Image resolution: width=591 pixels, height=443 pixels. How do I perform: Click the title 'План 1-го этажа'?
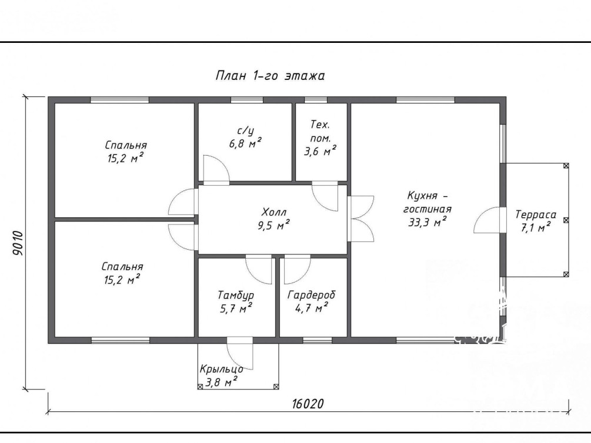point(270,76)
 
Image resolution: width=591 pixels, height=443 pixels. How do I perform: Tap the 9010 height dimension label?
point(18,243)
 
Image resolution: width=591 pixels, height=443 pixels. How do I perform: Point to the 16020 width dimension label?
point(308,404)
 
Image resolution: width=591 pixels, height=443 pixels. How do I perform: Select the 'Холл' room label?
point(274,212)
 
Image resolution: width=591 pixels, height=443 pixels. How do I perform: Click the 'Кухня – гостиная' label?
point(428,202)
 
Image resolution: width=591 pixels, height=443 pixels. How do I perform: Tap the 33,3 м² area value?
point(428,222)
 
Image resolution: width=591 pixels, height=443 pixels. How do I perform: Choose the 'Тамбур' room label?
point(236,296)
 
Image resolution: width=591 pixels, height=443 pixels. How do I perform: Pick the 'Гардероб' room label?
point(311,295)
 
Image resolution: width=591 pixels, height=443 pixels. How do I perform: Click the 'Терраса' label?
point(536,214)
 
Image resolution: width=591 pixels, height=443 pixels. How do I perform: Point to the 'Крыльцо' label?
point(221,369)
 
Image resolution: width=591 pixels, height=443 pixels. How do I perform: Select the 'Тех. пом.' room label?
point(320,131)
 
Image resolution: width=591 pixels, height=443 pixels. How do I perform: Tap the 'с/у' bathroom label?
point(245,130)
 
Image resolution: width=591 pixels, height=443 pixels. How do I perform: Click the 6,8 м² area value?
point(245,143)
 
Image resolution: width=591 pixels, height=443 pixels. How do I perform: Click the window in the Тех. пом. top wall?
point(316,100)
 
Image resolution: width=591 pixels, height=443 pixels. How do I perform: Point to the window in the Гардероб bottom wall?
point(318,341)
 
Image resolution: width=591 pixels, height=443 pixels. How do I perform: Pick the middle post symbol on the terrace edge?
point(566,220)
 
